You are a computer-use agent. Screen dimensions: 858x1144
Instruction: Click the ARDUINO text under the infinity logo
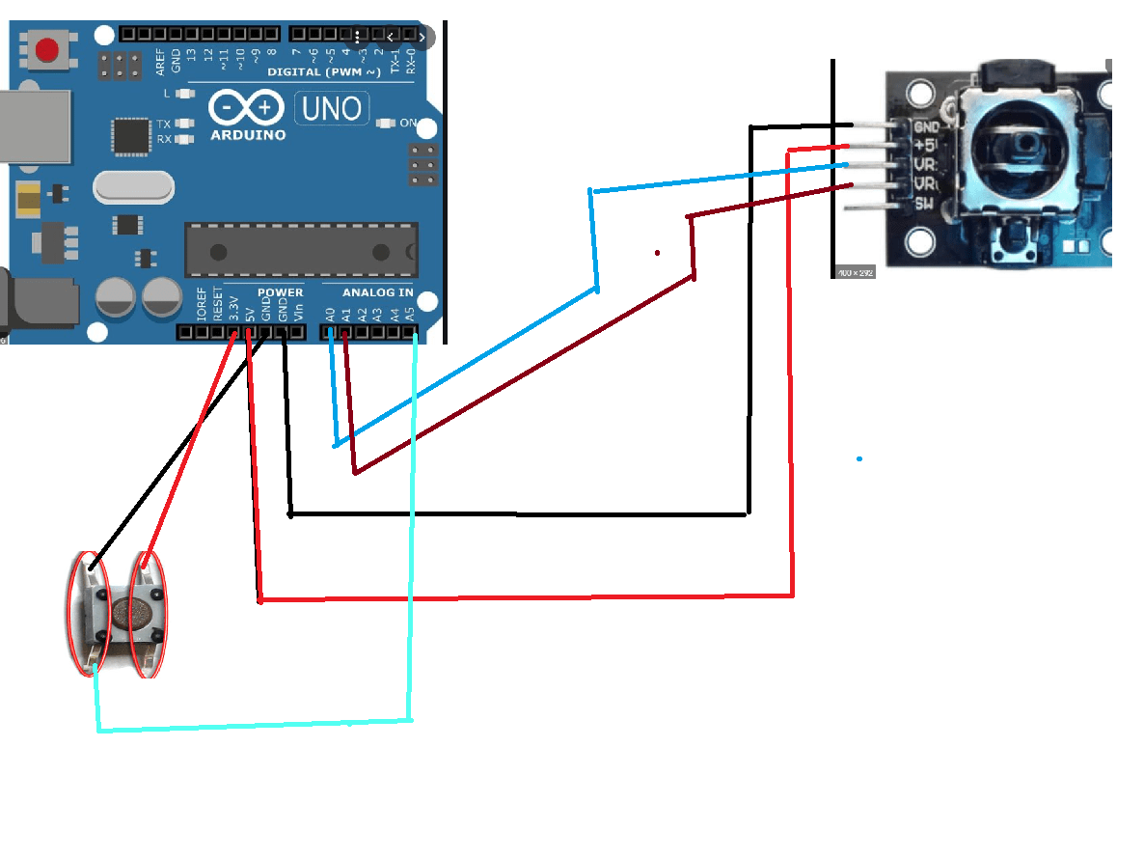(x=248, y=135)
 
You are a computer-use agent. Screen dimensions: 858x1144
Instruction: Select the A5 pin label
(x=410, y=313)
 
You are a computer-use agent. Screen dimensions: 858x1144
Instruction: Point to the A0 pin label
(x=330, y=313)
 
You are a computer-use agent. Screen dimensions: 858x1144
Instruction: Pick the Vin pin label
(x=298, y=312)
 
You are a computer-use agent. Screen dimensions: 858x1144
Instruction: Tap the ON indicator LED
(x=386, y=124)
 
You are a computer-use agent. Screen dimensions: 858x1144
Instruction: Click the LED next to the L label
(x=185, y=94)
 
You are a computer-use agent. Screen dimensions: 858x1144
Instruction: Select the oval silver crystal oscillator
(x=134, y=187)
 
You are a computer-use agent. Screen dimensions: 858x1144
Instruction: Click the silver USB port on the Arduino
(x=34, y=125)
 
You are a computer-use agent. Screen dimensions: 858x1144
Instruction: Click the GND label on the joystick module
(x=926, y=126)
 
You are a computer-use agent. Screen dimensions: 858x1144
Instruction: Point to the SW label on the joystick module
(x=923, y=203)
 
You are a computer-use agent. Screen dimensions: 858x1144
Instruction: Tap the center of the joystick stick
(x=1025, y=148)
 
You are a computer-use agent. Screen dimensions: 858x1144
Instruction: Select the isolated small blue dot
(x=858, y=458)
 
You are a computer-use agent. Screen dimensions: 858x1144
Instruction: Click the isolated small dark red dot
(x=657, y=253)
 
